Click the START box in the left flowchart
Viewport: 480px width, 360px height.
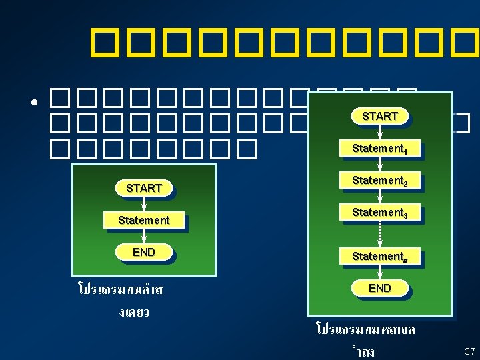pos(143,188)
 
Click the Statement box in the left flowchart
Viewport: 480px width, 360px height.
pos(143,220)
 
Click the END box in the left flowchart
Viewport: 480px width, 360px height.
pos(143,252)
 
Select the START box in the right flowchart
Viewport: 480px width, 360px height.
pos(379,116)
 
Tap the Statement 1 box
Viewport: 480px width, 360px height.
pos(379,148)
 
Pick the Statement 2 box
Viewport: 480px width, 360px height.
pos(379,181)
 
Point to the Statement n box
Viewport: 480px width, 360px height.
pos(379,257)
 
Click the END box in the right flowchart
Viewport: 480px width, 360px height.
pos(379,288)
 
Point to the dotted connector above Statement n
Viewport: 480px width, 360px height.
pos(379,234)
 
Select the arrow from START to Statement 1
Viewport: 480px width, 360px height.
pos(379,132)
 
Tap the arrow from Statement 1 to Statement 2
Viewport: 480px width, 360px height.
pos(379,165)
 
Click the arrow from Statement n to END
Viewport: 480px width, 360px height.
pos(379,273)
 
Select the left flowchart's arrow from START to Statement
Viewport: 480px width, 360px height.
pos(143,204)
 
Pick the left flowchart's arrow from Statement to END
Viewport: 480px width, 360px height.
pos(143,236)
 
